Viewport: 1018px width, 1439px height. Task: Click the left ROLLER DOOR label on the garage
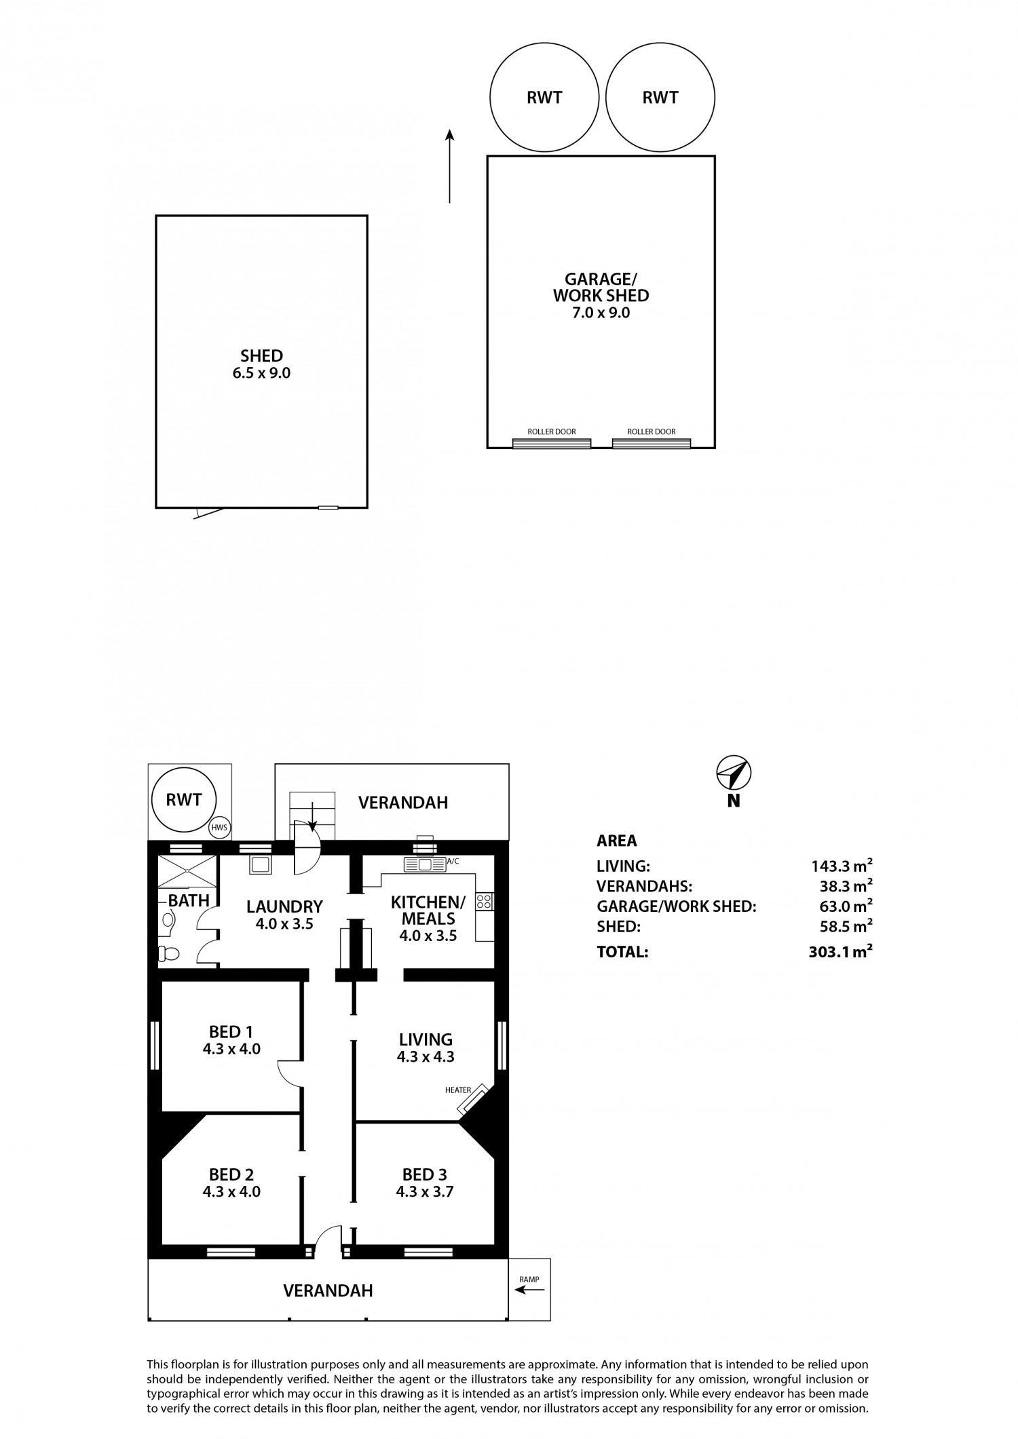click(552, 431)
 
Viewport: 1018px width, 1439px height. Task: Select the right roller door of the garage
click(652, 443)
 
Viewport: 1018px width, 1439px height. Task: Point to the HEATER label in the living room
click(458, 1090)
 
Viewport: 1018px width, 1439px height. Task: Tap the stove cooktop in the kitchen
click(485, 901)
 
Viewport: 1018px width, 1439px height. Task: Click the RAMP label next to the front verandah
click(529, 1280)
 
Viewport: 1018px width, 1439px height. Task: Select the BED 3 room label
click(425, 1174)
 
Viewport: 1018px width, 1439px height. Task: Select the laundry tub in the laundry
click(261, 864)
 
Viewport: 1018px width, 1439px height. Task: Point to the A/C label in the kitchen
click(453, 861)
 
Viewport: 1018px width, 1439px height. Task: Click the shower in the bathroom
click(187, 872)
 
